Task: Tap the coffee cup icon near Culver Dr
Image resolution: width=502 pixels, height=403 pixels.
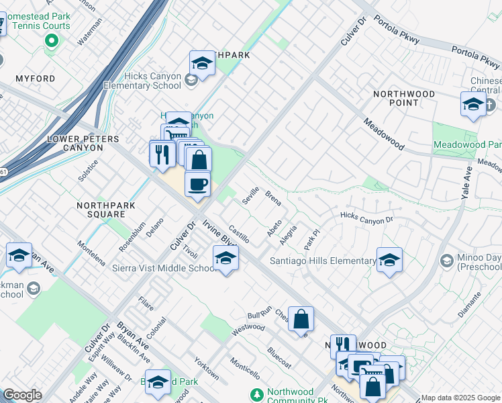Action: click(197, 184)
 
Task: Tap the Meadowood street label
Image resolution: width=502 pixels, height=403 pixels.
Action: click(384, 134)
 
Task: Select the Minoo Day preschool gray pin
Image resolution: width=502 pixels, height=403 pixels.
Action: click(446, 260)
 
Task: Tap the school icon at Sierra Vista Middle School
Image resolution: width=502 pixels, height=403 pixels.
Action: click(225, 259)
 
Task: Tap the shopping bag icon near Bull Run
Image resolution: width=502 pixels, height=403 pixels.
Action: click(301, 320)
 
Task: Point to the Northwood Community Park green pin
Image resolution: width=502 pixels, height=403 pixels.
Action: click(255, 394)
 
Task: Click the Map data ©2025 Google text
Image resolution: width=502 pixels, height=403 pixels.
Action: click(460, 398)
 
